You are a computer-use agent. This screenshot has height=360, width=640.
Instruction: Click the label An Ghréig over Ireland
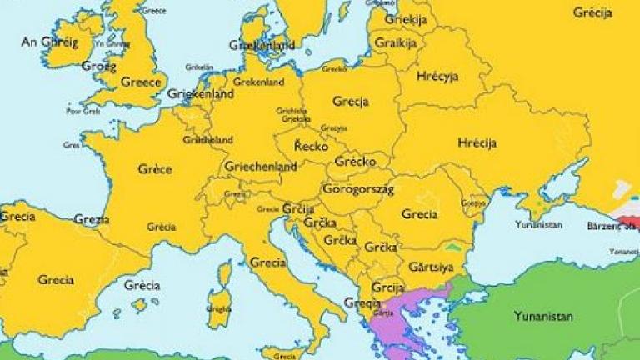pyautogui.click(x=48, y=42)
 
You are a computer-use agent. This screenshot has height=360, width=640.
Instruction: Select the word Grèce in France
pyautogui.click(x=154, y=169)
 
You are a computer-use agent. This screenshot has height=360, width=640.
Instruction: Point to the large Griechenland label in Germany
pyautogui.click(x=261, y=167)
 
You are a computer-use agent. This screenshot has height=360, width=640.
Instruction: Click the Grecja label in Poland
pyautogui.click(x=350, y=102)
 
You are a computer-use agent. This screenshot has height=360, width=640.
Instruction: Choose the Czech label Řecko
pyautogui.click(x=311, y=146)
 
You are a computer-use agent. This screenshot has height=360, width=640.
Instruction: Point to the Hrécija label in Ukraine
pyautogui.click(x=477, y=142)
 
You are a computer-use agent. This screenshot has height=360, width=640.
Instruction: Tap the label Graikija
pyautogui.click(x=395, y=42)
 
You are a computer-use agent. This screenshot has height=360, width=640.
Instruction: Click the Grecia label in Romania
pyautogui.click(x=419, y=213)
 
